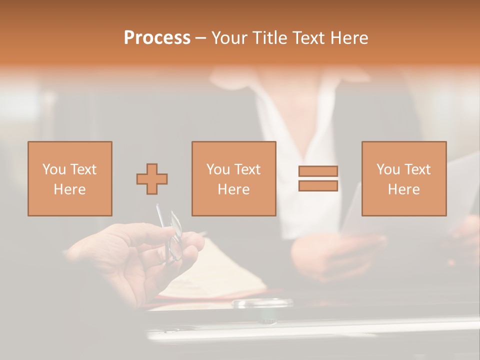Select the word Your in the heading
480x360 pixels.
pos(229,38)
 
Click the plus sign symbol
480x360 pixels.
pos(152,178)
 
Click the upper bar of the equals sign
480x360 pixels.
pos(318,171)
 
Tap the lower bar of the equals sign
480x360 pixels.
pos(318,185)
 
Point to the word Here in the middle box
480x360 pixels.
pos(234,189)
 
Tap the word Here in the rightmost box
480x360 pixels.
pos(404,189)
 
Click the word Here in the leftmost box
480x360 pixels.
pos(70,189)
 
